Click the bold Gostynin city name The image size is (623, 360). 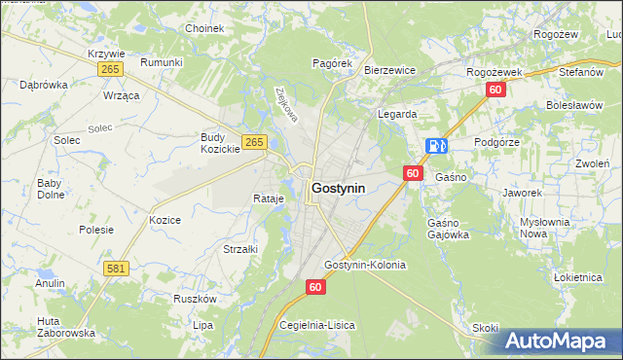click(x=339, y=187)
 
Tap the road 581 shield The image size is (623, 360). click(x=116, y=267)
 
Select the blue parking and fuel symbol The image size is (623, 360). click(x=436, y=146)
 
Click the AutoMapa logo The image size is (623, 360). click(x=560, y=341)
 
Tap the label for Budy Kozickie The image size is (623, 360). click(x=220, y=143)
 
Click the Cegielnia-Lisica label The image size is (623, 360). click(x=317, y=325)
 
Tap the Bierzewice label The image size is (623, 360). click(x=390, y=70)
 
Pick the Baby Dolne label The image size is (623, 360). click(x=50, y=188)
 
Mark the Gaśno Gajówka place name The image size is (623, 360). click(x=449, y=229)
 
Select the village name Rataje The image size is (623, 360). click(x=268, y=198)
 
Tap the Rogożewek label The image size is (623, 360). click(x=495, y=72)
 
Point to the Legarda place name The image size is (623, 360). click(x=397, y=114)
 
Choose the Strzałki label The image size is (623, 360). click(x=240, y=249)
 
